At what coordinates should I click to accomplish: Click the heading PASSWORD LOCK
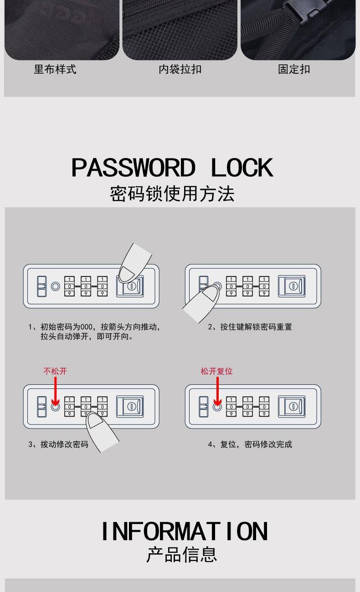click(172, 168)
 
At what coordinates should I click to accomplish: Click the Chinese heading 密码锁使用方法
click(172, 194)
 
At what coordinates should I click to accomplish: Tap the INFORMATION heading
click(185, 531)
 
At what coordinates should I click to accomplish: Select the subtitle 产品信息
click(182, 555)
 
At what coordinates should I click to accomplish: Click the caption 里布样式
click(55, 70)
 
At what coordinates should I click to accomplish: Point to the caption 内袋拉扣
click(180, 70)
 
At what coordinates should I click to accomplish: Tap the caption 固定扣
click(294, 70)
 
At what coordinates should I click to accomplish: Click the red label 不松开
click(55, 371)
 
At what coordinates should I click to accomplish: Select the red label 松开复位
click(216, 371)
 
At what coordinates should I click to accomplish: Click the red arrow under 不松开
click(55, 392)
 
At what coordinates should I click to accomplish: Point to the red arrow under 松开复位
click(217, 392)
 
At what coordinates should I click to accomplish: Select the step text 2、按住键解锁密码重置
click(250, 327)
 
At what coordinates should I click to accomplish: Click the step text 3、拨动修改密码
click(58, 444)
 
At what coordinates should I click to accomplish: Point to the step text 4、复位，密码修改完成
click(250, 444)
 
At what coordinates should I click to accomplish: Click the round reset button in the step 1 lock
click(55, 286)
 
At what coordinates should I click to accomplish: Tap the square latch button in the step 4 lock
click(292, 407)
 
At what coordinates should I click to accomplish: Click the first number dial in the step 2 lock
click(231, 286)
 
